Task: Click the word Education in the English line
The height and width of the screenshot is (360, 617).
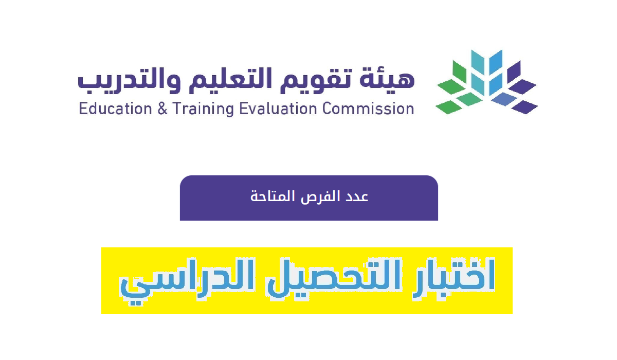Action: [115, 109]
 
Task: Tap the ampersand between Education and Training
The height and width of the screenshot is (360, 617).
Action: [162, 109]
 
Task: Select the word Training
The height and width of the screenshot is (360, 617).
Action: [203, 110]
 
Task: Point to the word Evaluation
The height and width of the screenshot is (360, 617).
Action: [278, 109]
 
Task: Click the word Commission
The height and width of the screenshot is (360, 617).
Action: [368, 109]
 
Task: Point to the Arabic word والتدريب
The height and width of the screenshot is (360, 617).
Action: [130, 81]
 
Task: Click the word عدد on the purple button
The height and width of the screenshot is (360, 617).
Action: [357, 196]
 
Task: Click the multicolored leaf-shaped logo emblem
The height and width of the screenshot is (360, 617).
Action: [487, 82]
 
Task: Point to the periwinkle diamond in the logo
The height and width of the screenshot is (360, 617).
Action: [504, 99]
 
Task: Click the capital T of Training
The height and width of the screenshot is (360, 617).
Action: [177, 109]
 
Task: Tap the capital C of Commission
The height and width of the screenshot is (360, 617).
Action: [327, 109]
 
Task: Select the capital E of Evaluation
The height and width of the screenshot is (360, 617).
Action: [243, 109]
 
